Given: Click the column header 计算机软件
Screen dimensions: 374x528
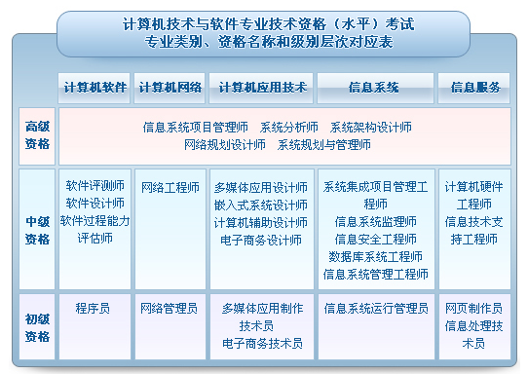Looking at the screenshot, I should click(94, 87).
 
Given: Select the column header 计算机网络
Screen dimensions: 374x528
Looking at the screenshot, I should click(170, 87).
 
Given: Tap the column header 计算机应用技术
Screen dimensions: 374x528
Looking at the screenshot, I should click(262, 87).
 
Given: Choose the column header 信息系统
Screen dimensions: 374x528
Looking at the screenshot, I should click(374, 87).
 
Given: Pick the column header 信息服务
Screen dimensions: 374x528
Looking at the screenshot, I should click(474, 87).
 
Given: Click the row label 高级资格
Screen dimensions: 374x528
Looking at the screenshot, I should click(38, 135).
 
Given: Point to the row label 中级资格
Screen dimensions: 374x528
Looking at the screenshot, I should click(38, 230).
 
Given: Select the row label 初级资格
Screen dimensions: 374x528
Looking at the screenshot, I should click(38, 326).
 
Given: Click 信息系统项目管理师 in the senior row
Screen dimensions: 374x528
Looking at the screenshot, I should click(196, 127).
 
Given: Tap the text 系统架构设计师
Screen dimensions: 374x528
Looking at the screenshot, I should click(370, 127).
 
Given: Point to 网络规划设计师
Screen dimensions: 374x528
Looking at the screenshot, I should click(224, 144).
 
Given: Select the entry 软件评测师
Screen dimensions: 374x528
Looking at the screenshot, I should click(94, 185).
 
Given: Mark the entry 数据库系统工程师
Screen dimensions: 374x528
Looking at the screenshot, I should click(375, 256).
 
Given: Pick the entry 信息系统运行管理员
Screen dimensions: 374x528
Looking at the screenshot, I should click(376, 308).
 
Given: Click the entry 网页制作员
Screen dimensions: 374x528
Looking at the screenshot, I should click(473, 308).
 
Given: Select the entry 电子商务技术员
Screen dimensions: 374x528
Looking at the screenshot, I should click(262, 343).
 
